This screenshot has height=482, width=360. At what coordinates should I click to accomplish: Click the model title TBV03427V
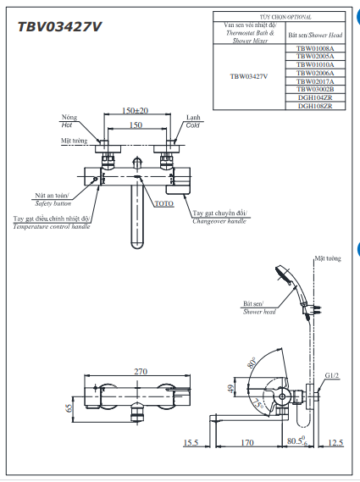coord(60,26)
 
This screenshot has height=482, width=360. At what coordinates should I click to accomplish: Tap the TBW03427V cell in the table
coord(249,76)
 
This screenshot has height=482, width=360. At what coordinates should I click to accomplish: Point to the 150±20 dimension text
coord(135,111)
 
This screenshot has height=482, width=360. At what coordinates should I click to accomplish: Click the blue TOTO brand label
coord(163,204)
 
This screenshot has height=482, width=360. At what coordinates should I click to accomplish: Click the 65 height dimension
coord(69,407)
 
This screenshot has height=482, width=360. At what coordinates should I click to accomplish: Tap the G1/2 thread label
coord(331,375)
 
